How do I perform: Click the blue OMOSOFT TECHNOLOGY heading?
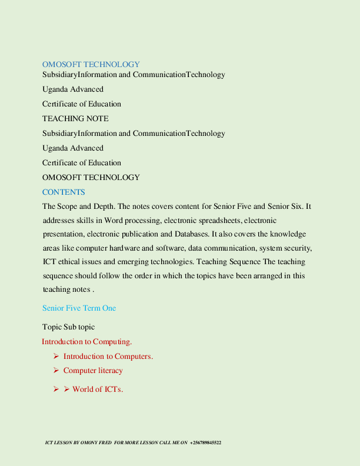click(91, 64)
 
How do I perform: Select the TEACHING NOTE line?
click(75, 119)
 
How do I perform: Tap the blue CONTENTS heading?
click(64, 192)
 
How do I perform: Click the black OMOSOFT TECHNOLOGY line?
click(91, 178)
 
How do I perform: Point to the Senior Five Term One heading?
click(79, 308)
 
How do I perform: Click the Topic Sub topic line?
click(68, 327)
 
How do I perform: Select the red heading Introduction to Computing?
click(86, 342)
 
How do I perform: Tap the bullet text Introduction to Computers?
click(108, 357)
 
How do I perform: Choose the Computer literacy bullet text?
click(93, 371)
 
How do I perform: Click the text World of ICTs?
click(98, 390)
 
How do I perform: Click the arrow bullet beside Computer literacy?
click(56, 371)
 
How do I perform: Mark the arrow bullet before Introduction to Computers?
click(56, 357)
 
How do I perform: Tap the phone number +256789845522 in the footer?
click(205, 442)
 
